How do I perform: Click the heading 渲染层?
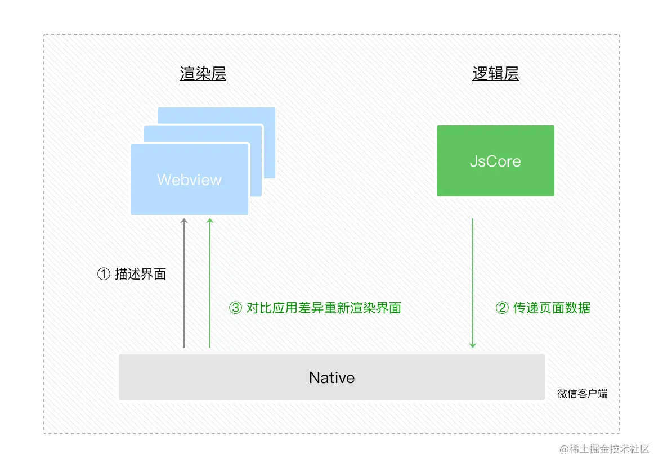[x=203, y=74]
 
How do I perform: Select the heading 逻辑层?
[x=495, y=74]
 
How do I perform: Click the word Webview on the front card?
[x=189, y=180]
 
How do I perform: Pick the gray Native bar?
[x=225, y=377]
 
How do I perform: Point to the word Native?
[x=331, y=377]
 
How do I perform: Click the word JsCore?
[x=495, y=161]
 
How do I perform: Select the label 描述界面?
[x=140, y=274]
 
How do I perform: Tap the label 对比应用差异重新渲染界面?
[x=324, y=308]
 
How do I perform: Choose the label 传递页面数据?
[x=552, y=308]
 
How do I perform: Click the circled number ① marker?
[x=104, y=274]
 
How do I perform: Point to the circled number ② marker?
[x=502, y=308]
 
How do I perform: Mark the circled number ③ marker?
[x=235, y=308]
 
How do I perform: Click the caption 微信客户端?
[x=583, y=394]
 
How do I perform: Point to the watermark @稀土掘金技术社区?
[x=604, y=449]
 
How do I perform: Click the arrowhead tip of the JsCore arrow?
[x=473, y=345]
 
